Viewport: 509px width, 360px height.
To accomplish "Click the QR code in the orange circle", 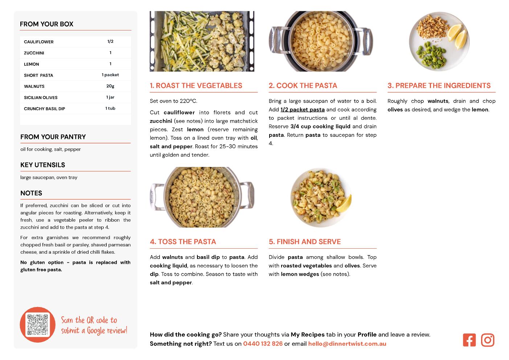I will (x=38, y=325).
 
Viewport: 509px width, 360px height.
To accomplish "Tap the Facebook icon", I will (x=469, y=340).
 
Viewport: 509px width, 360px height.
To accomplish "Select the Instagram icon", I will (x=488, y=340).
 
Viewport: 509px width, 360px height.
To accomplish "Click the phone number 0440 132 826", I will (x=263, y=344).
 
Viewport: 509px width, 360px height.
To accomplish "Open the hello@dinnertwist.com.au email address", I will (x=347, y=344).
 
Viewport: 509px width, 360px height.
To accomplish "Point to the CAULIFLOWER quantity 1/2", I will (x=110, y=41).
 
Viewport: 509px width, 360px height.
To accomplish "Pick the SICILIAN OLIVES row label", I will (x=41, y=98).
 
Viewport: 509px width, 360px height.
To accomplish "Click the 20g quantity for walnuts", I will (x=110, y=86).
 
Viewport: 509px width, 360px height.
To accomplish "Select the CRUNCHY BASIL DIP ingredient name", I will (x=45, y=109).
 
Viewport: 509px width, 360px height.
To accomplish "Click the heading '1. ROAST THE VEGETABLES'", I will (x=196, y=86).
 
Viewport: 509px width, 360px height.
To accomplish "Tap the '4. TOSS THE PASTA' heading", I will (x=183, y=242).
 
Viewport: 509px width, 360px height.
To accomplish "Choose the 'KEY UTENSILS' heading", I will (x=43, y=165).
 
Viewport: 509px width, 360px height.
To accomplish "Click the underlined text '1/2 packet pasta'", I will (x=303, y=110).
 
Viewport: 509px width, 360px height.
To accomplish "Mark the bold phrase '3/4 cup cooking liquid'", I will (x=320, y=126).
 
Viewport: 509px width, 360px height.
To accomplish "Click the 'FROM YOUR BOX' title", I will (x=46, y=24).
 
